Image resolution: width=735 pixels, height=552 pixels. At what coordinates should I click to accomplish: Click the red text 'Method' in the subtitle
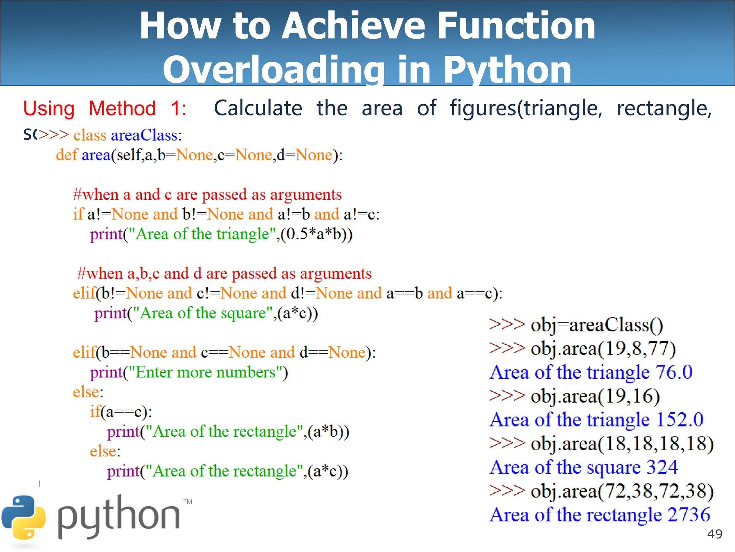coord(122,109)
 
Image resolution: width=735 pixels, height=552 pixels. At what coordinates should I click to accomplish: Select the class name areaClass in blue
coord(144,135)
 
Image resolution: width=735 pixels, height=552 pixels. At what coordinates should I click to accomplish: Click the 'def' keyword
coord(66,155)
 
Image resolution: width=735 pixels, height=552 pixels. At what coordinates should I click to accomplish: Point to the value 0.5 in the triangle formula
coord(297,234)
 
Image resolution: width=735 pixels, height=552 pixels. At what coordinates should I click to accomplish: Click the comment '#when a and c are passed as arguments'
coord(207,195)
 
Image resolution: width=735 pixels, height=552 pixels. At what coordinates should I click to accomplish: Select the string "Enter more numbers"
coord(205,373)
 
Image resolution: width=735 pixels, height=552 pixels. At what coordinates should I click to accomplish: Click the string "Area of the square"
coord(203,313)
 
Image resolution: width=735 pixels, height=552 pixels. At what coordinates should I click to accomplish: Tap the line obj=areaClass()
coord(596,325)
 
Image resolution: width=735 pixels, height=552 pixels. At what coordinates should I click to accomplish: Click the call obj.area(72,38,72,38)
coord(622,491)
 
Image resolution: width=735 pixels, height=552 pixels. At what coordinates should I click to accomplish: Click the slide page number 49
coord(715,534)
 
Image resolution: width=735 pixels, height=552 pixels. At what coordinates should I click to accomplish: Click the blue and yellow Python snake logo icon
coord(24,517)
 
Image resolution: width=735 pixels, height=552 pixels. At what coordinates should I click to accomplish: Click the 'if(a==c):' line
coord(121,412)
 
